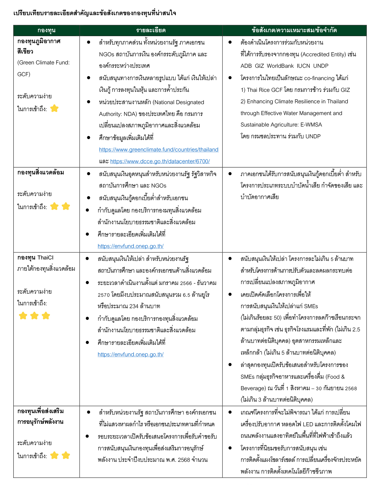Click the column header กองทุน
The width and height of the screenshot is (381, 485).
point(46,31)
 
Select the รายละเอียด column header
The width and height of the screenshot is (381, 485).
point(151,31)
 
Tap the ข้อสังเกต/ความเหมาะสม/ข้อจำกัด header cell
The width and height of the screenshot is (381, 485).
point(294,31)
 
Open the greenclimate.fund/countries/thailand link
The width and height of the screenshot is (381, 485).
point(158,150)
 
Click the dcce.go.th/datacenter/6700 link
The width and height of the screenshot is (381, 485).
point(160,161)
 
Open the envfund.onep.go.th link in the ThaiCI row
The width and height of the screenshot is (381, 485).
point(131,355)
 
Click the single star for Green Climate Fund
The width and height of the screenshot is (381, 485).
point(55,109)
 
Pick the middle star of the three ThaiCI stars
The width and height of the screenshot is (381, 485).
point(34,316)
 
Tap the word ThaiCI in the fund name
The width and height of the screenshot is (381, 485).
point(45,258)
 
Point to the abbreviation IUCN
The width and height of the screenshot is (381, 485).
point(303,66)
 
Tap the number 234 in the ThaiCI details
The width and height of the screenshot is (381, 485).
point(134,306)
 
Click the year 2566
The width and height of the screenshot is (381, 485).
point(186,283)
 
